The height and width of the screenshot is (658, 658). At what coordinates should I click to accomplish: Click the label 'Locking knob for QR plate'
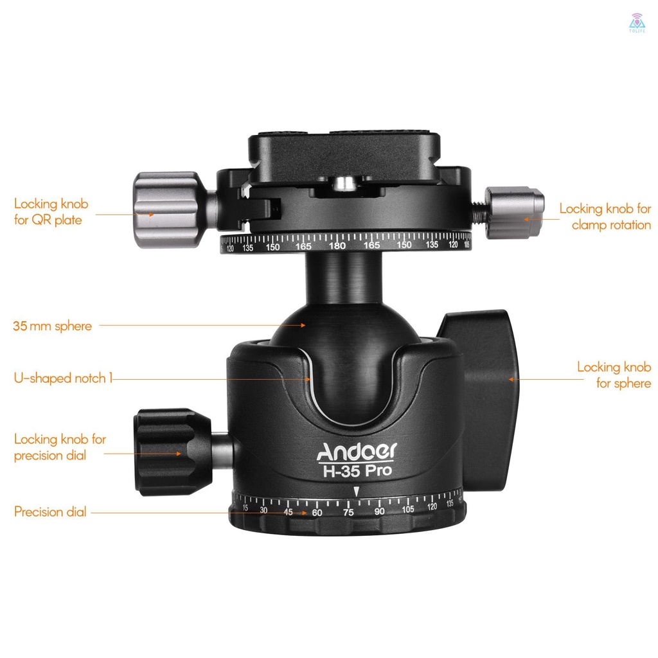[51, 213]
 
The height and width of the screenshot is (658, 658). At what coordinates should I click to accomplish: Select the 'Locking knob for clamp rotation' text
[605, 217]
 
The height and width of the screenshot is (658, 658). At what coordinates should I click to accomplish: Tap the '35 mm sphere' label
[52, 326]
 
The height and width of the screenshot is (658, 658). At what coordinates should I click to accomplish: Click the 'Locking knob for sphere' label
[614, 375]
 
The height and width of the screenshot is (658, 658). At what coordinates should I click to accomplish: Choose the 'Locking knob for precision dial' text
[60, 447]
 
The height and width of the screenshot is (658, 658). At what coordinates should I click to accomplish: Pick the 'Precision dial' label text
[50, 512]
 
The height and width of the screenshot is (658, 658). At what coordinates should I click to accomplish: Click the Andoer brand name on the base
[357, 452]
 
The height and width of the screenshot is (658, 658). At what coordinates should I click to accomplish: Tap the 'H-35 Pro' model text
[357, 470]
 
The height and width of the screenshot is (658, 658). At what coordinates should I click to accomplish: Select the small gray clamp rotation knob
[514, 212]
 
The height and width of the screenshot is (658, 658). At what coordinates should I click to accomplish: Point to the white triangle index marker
[355, 492]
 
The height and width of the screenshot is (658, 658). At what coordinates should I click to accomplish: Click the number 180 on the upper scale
[337, 246]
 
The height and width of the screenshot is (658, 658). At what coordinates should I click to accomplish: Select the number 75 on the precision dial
[348, 512]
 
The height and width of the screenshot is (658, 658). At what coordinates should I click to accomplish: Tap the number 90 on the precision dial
[379, 511]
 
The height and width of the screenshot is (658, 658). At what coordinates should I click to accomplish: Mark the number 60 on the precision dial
[317, 513]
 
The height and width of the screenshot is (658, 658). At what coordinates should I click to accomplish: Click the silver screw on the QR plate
[346, 184]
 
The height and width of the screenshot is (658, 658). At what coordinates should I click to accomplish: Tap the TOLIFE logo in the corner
[637, 19]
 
